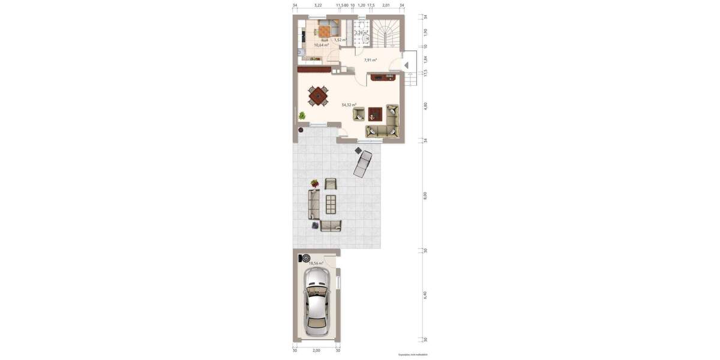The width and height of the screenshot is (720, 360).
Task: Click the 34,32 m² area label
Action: coord(349,105)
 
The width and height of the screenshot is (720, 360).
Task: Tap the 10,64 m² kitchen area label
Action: coord(321,45)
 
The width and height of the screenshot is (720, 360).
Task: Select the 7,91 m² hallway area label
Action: coord(371,60)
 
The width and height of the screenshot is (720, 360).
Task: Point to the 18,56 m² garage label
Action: coord(316,263)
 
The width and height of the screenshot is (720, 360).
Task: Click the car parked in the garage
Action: coord(316,301)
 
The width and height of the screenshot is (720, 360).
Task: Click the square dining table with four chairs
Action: coord(319,95)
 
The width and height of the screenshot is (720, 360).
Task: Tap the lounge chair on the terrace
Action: coord(362,163)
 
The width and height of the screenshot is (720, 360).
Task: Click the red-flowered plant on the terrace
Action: coord(314,183)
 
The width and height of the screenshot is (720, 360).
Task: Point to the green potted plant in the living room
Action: coord(302,115)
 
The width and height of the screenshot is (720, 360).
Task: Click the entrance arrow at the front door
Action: coord(406,65)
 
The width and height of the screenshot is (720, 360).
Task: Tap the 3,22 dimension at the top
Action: coord(318,5)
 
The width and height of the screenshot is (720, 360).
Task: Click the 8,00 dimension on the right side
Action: coord(425,195)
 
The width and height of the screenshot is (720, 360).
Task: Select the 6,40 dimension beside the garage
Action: coord(425,295)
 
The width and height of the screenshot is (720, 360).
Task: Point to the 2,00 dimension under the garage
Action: coord(316,350)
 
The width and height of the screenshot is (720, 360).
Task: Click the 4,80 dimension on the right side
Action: coord(425,105)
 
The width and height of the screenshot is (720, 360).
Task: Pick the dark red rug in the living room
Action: coord(376,113)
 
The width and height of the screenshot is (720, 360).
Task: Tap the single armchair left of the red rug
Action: coord(359,113)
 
